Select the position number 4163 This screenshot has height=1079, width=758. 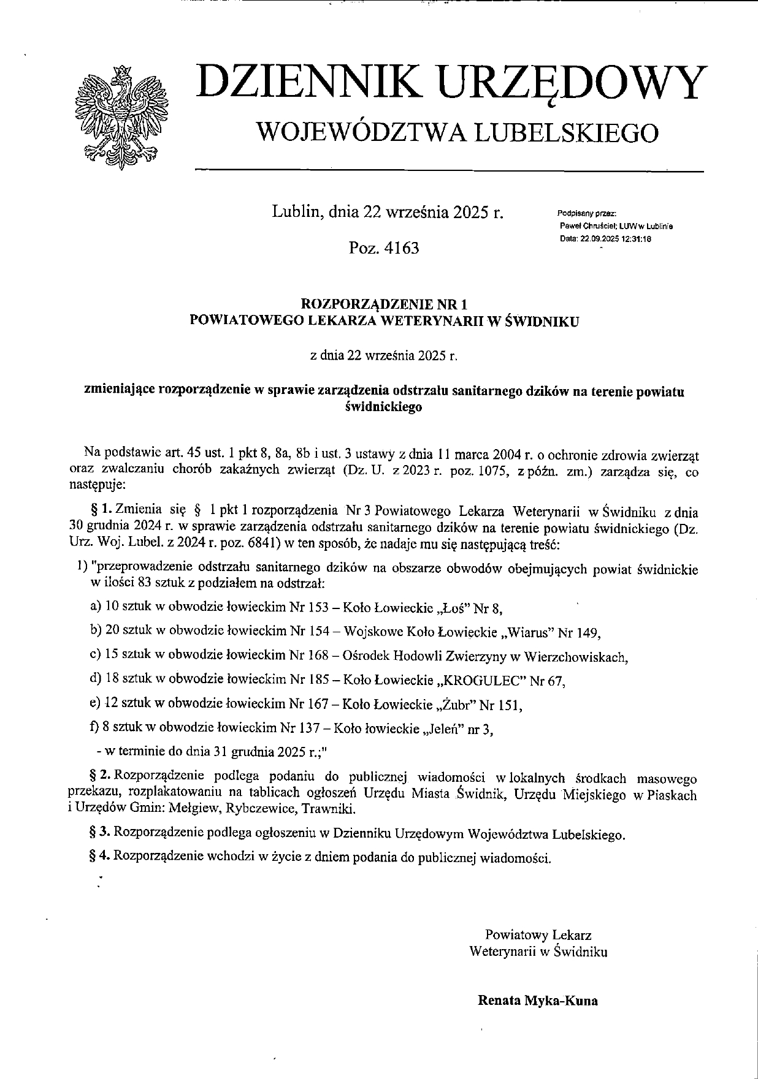click(401, 248)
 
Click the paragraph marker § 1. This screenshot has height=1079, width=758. click(101, 510)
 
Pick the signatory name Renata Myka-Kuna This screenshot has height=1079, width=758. click(537, 1001)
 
